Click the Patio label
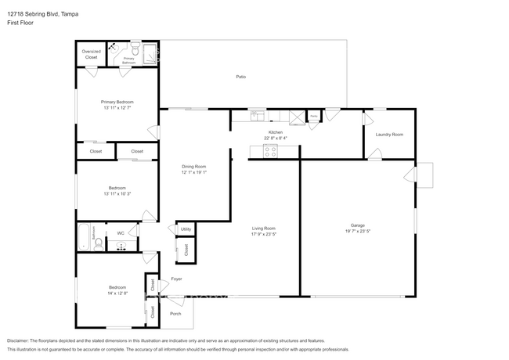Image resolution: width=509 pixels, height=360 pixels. point(242,77)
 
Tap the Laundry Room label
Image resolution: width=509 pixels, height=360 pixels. point(389,135)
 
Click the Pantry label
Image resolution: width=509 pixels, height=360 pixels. point(313,116)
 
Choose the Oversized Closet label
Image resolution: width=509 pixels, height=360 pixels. point(91,55)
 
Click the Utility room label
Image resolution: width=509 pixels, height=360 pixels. point(186,229)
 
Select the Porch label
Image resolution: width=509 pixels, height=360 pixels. point(175,314)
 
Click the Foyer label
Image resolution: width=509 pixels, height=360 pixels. point(176,279)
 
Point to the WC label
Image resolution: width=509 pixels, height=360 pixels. point(121,232)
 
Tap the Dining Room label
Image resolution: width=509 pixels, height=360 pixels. point(194,166)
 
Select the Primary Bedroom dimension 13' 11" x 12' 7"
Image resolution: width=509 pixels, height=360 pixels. point(117,108)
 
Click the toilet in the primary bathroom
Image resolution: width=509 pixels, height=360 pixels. point(135,47)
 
